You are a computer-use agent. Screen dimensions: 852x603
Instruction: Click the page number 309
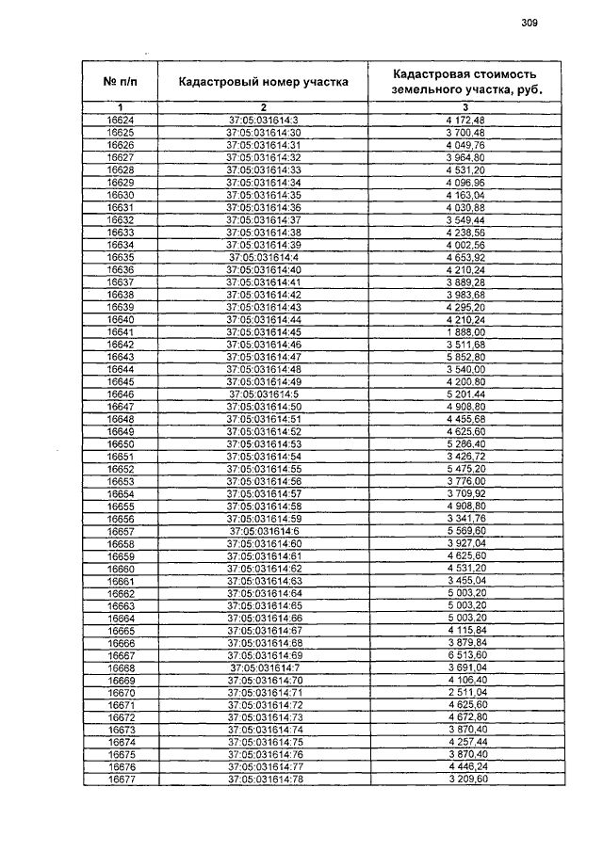pos(529,24)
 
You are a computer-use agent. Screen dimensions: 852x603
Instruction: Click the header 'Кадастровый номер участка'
pos(264,81)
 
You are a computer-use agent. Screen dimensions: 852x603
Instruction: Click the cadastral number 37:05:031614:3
pos(264,121)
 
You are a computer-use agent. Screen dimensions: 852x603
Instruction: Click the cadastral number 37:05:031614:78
pos(264,780)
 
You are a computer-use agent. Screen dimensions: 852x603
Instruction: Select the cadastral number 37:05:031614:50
pos(264,406)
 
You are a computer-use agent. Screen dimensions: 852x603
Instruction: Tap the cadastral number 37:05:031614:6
pos(264,531)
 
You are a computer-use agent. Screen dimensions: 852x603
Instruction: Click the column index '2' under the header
pos(264,108)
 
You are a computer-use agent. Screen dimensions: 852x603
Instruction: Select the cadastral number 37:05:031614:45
pos(264,332)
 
